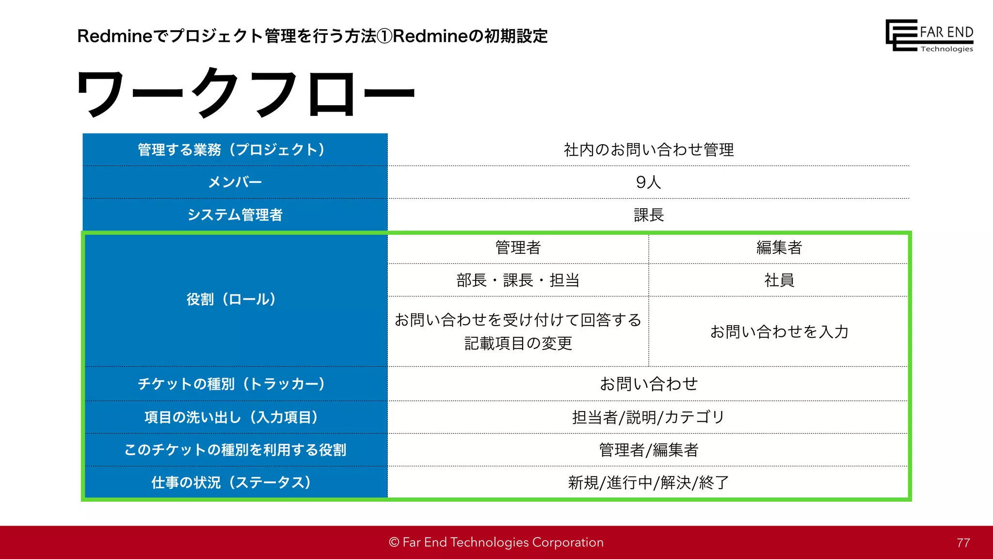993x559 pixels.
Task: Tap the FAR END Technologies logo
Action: [929, 35]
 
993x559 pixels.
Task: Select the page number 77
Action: [963, 543]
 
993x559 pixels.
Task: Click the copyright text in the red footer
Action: [496, 542]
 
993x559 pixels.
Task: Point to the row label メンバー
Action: [235, 182]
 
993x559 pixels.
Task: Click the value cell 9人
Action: [648, 182]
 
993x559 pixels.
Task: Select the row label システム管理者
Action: [235, 214]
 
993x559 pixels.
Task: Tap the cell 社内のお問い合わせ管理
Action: [648, 149]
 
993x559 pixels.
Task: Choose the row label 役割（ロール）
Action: [231, 299]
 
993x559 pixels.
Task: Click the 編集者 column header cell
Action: [779, 247]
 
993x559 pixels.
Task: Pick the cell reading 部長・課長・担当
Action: [518, 280]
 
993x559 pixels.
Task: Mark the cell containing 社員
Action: [779, 280]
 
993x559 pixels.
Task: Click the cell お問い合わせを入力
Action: [779, 331]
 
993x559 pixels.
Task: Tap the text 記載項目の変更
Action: [518, 343]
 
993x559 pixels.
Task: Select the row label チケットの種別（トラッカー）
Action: [231, 384]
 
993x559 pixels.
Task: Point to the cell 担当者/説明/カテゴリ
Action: [648, 417]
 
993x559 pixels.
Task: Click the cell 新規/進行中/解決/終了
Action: [648, 482]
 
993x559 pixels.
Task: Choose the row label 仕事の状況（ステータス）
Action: [231, 482]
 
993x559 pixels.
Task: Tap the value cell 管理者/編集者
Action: [648, 450]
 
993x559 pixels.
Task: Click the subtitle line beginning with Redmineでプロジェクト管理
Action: [312, 36]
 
